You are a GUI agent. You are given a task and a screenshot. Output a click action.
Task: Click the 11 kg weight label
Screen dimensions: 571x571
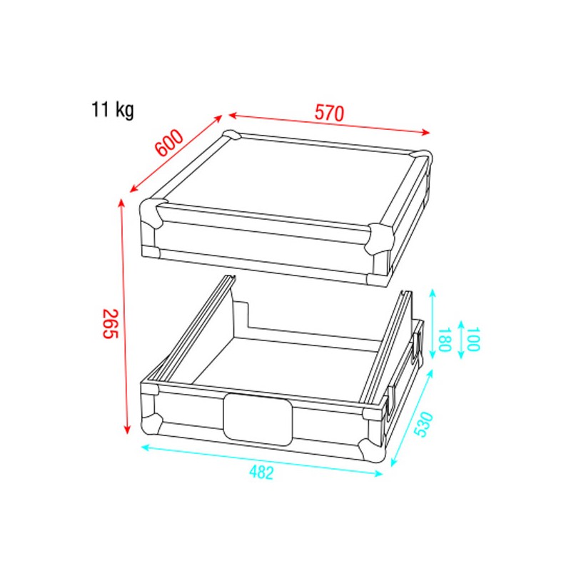point(112,111)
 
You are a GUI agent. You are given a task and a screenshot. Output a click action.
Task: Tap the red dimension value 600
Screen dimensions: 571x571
point(170,145)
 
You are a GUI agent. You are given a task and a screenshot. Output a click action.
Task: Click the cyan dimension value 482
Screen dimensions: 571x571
point(261,473)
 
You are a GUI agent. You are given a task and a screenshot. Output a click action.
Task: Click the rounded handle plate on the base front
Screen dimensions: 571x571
point(258,418)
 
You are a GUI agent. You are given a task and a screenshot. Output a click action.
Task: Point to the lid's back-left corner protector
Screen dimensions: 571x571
point(232,136)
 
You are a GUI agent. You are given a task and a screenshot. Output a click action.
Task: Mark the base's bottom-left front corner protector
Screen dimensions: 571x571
point(151,424)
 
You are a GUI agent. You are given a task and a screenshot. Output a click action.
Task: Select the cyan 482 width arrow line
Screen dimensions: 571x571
point(262,461)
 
